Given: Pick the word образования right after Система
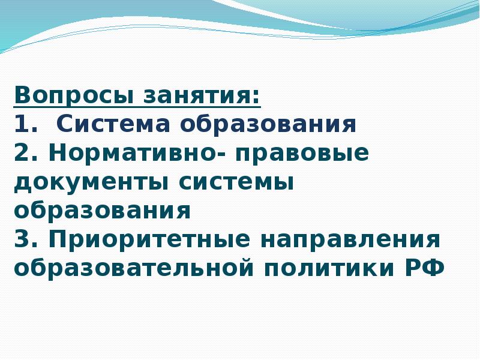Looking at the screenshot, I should [x=268, y=125].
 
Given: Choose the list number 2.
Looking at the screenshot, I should [x=23, y=154].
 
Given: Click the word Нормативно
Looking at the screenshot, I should [x=133, y=154].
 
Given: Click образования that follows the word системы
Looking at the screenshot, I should [x=102, y=211].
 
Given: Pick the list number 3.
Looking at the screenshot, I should [x=23, y=240].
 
